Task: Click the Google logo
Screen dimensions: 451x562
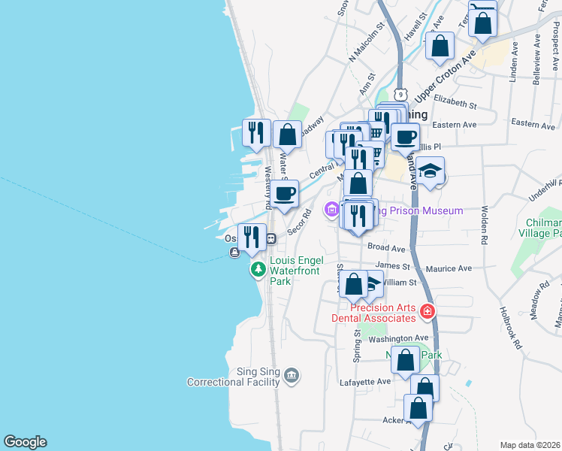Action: (x=25, y=442)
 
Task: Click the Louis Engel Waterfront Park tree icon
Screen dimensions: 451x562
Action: (x=258, y=268)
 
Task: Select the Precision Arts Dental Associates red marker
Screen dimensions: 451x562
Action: (x=427, y=310)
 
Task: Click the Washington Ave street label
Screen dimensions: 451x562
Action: (x=397, y=339)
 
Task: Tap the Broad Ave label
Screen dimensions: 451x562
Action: (x=387, y=248)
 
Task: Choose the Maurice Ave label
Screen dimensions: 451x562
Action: (x=448, y=268)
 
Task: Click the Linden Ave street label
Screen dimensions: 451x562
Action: (x=515, y=57)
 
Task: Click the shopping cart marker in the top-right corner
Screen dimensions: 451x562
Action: (x=482, y=19)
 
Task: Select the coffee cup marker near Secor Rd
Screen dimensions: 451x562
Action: (x=285, y=193)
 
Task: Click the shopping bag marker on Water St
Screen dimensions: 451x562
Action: (x=287, y=135)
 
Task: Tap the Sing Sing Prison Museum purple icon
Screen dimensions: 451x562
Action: (x=331, y=210)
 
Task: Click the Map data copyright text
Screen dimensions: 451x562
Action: (x=530, y=445)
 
